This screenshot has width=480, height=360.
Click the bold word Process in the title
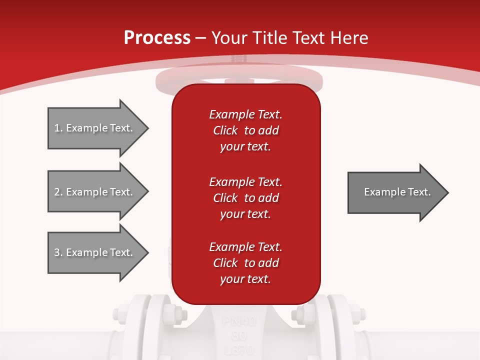click(157, 37)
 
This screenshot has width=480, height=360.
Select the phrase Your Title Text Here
click(290, 37)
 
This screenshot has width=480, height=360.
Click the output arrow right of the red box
click(397, 192)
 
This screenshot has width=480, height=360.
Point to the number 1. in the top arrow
click(58, 128)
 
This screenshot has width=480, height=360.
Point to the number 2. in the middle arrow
click(58, 192)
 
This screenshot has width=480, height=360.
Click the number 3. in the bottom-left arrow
click(58, 252)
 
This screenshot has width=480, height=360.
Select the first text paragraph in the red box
click(245, 130)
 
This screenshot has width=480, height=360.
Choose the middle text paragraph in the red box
click(245, 198)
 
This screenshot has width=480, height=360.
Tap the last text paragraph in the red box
click(245, 263)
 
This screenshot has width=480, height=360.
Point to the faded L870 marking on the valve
click(239, 349)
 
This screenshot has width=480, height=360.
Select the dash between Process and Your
click(201, 38)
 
